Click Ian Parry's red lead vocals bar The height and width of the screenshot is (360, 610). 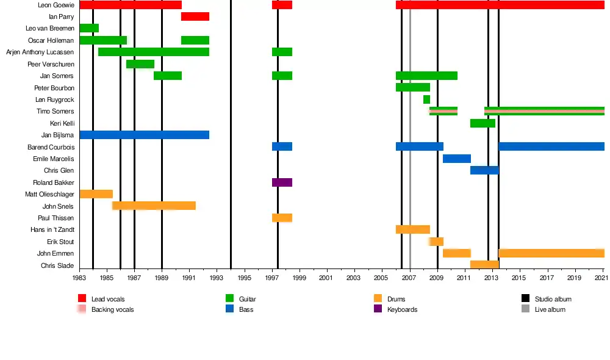195,16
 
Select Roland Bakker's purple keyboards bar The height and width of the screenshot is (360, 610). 282,182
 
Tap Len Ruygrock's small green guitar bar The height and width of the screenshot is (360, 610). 426,99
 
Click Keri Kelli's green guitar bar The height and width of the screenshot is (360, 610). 483,123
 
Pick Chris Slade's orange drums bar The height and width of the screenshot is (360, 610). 484,265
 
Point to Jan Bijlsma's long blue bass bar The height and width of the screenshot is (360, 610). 145,135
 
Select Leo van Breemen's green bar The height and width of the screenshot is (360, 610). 89,28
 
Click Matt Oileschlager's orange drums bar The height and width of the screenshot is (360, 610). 96,194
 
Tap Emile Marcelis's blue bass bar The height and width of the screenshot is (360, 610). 456,159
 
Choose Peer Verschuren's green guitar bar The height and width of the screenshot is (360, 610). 140,64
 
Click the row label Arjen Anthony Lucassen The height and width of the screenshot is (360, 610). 40,52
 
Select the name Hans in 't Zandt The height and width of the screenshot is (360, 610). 52,230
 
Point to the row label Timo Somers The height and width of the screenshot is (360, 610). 56,112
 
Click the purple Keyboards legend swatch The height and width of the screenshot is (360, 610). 377,309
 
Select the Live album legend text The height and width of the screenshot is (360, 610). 550,309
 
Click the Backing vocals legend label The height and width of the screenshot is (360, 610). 112,309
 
